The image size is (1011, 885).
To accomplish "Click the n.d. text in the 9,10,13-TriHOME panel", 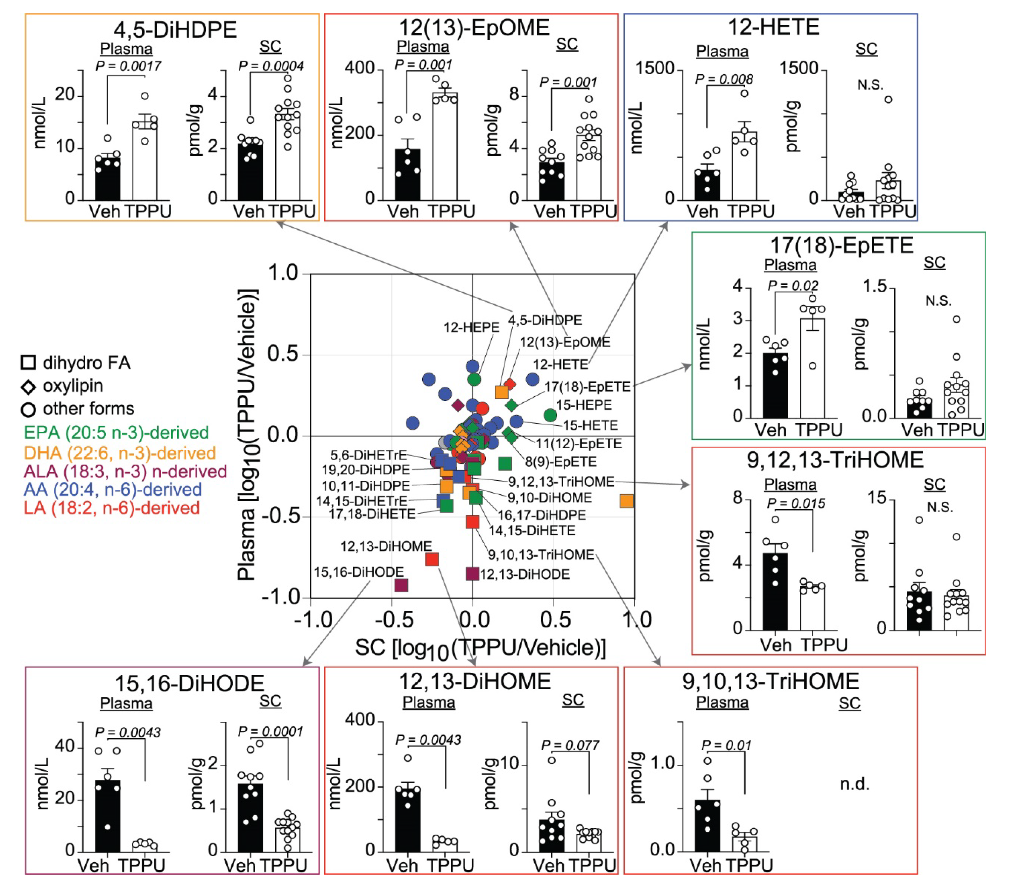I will (854, 784).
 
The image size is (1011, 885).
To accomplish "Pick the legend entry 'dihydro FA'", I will (87, 363).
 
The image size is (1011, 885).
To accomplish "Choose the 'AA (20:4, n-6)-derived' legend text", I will (113, 489).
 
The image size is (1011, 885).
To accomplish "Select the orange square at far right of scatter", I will (626, 501).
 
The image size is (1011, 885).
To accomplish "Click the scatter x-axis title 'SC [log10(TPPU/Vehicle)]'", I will (480, 648).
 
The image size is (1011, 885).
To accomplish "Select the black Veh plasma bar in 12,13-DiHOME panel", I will (408, 820).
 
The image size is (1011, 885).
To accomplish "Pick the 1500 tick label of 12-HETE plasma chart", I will (654, 68).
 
